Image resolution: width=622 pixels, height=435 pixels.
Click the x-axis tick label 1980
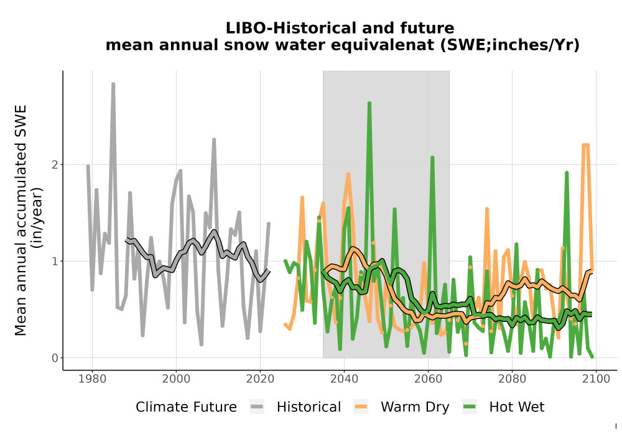tap(93, 378)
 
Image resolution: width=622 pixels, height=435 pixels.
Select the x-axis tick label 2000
tap(176, 378)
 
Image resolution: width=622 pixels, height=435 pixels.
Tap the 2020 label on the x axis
tap(260, 378)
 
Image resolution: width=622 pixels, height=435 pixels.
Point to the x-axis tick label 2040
tap(345, 378)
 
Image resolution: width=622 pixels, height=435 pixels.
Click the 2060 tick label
tap(428, 378)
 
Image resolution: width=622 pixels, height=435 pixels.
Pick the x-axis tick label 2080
tap(512, 378)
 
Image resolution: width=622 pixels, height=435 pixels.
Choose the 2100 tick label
tap(596, 378)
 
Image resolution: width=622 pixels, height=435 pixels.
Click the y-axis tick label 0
tap(55, 358)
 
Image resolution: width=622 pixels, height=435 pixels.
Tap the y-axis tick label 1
tap(55, 261)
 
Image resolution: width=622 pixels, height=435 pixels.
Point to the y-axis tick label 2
tap(55, 165)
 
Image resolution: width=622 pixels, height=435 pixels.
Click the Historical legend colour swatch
tap(257, 406)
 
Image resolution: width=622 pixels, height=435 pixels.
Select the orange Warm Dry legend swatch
tap(361, 406)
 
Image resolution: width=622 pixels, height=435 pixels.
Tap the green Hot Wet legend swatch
tap(470, 406)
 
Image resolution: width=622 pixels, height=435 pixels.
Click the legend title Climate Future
tap(186, 407)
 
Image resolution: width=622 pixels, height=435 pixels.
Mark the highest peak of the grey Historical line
tap(113, 84)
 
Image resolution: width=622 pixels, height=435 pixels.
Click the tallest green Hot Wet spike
tap(369, 103)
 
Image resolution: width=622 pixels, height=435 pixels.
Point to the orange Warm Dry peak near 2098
tap(585, 145)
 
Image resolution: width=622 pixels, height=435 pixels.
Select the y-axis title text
tap(28, 220)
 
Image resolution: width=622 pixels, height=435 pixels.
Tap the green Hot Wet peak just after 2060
tap(432, 158)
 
